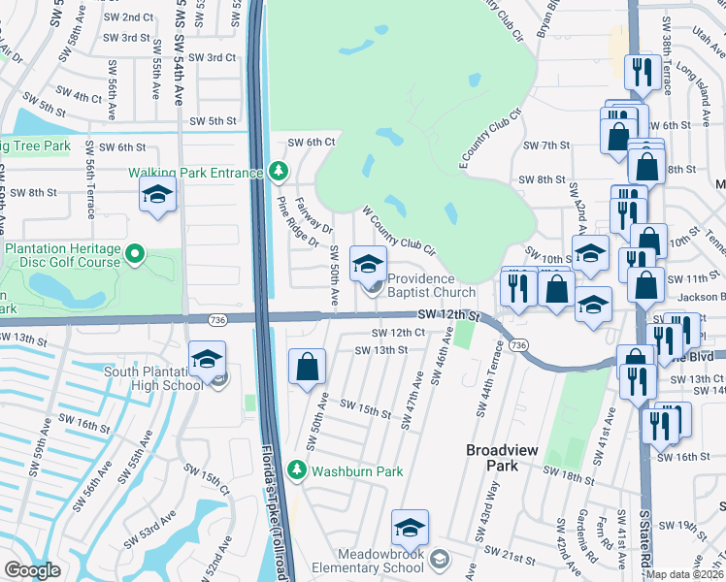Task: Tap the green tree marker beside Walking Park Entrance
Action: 279,172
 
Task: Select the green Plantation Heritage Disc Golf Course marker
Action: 135,256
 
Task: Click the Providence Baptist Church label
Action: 432,285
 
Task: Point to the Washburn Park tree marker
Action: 298,472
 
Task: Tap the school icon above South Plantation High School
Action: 207,359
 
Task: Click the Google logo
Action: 32,570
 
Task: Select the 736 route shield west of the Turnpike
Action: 216,318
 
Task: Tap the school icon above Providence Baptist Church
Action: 368,263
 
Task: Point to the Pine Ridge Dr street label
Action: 297,221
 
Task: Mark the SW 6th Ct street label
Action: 311,142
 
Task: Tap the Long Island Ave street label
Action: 690,79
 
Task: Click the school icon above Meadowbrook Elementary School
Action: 410,528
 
